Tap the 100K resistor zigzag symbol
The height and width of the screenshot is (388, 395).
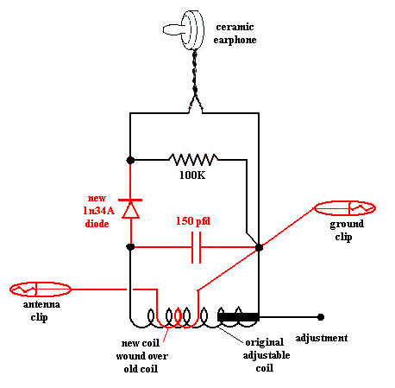pos(193,159)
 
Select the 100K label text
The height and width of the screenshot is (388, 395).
pos(192,175)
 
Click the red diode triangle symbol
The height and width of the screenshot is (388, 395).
pos(130,210)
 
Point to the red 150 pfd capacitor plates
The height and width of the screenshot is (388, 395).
pos(196,247)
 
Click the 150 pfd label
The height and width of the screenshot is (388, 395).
pos(193,221)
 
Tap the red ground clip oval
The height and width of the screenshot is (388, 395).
pos(345,208)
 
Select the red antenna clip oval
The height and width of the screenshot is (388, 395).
pos(41,289)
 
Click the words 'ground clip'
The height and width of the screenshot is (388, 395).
pos(347,230)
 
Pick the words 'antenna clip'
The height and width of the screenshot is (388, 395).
pos(41,310)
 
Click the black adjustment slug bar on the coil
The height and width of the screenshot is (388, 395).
pos(238,317)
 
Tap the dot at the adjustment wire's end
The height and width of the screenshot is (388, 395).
pos(321,317)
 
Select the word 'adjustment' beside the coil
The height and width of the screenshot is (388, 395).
pos(322,338)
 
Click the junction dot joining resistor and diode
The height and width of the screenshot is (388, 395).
pos(130,160)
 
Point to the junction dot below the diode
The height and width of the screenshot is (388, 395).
pos(130,247)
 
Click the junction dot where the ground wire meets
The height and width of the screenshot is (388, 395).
pos(259,247)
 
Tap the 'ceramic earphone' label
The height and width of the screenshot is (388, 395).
pos(235,33)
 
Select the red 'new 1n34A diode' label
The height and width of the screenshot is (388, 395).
pos(98,211)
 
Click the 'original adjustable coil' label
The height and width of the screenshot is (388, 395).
pos(266,355)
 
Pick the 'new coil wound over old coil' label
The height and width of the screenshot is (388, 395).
pos(141,356)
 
